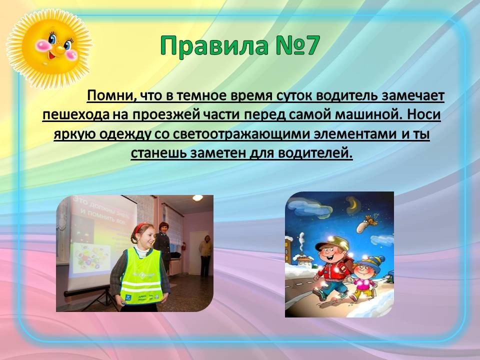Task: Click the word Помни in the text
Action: point(109,96)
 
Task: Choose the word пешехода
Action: point(76,115)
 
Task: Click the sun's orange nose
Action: point(60,49)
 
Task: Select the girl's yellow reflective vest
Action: point(141,277)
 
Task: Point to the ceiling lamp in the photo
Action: point(197,198)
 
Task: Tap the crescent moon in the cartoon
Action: point(353,203)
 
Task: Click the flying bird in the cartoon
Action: point(366,223)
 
